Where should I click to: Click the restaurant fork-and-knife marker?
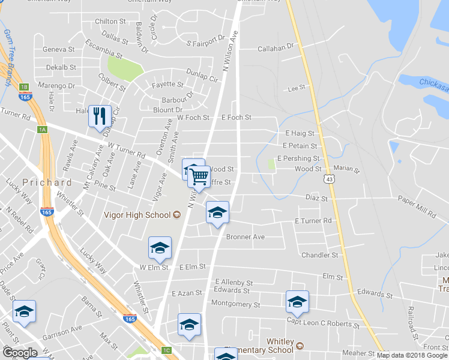100,115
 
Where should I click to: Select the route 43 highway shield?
330,179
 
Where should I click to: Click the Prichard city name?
47,182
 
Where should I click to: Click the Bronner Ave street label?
246,237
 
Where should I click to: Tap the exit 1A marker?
42,130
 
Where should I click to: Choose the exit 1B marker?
25,87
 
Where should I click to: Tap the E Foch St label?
237,118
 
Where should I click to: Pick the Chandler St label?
320,255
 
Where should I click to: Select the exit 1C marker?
167,350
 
